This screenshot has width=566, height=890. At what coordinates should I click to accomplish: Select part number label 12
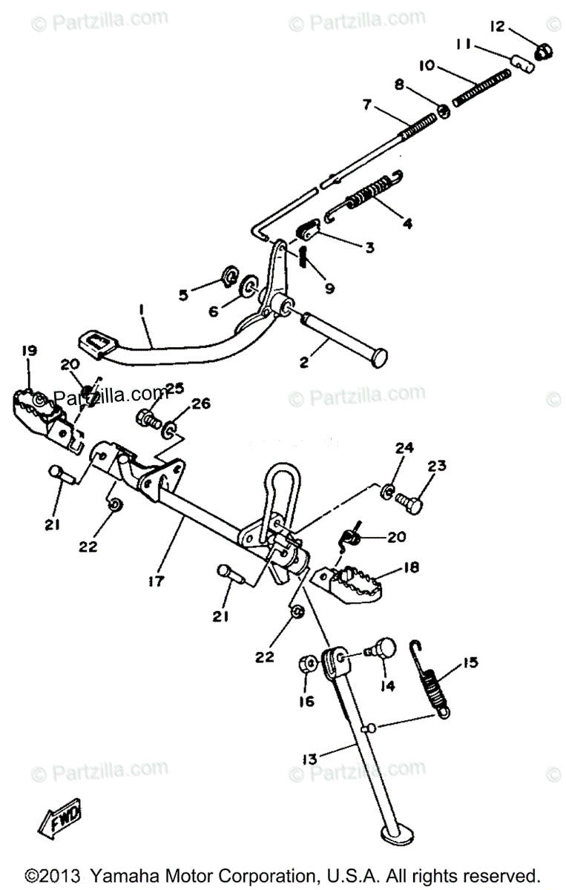tap(497, 27)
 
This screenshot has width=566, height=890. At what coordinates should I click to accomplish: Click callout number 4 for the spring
tap(407, 222)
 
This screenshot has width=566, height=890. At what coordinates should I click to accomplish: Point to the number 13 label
tap(309, 759)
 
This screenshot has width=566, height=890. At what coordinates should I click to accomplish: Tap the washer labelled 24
tap(387, 491)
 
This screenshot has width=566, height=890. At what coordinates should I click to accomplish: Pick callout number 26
tap(201, 403)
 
